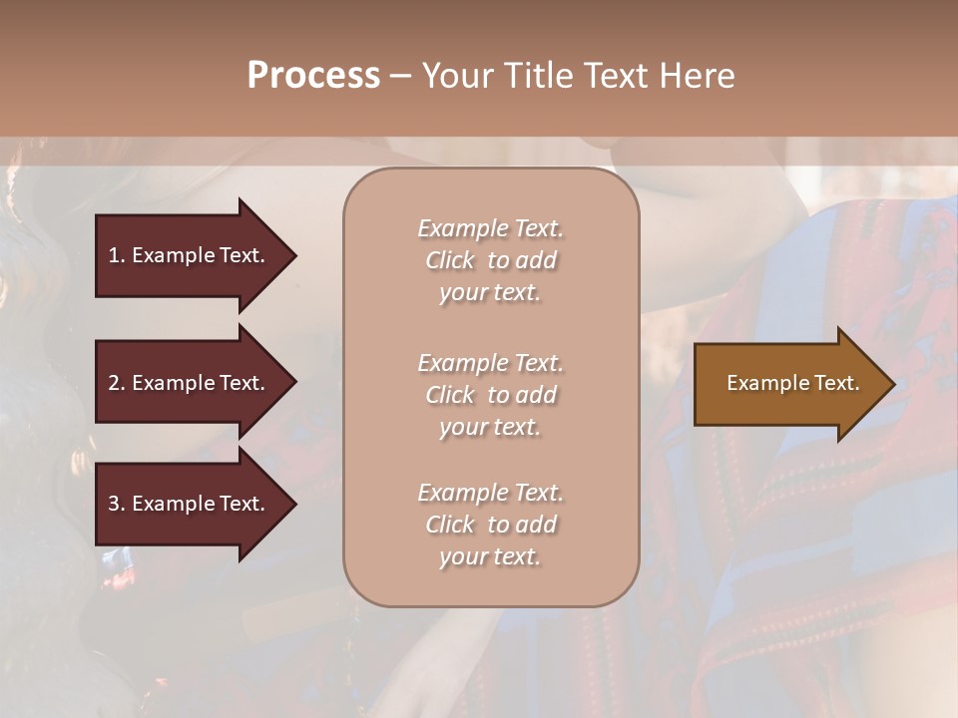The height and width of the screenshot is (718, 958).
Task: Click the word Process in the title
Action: [x=313, y=76]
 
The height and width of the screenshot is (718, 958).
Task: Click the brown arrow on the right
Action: [x=788, y=383]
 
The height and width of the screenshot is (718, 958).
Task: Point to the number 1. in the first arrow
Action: [x=117, y=255]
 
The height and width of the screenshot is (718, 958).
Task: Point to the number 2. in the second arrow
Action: [x=117, y=383]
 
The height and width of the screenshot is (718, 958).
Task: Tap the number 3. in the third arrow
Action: [x=117, y=504]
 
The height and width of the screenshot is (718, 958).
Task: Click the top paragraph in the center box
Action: [x=490, y=260]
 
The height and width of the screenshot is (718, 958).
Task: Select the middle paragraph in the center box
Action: [x=490, y=395]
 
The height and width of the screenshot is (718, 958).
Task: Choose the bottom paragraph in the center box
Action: [x=490, y=525]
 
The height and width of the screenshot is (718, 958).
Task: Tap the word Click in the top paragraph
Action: [x=450, y=260]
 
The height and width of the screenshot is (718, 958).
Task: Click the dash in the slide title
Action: [x=400, y=76]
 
